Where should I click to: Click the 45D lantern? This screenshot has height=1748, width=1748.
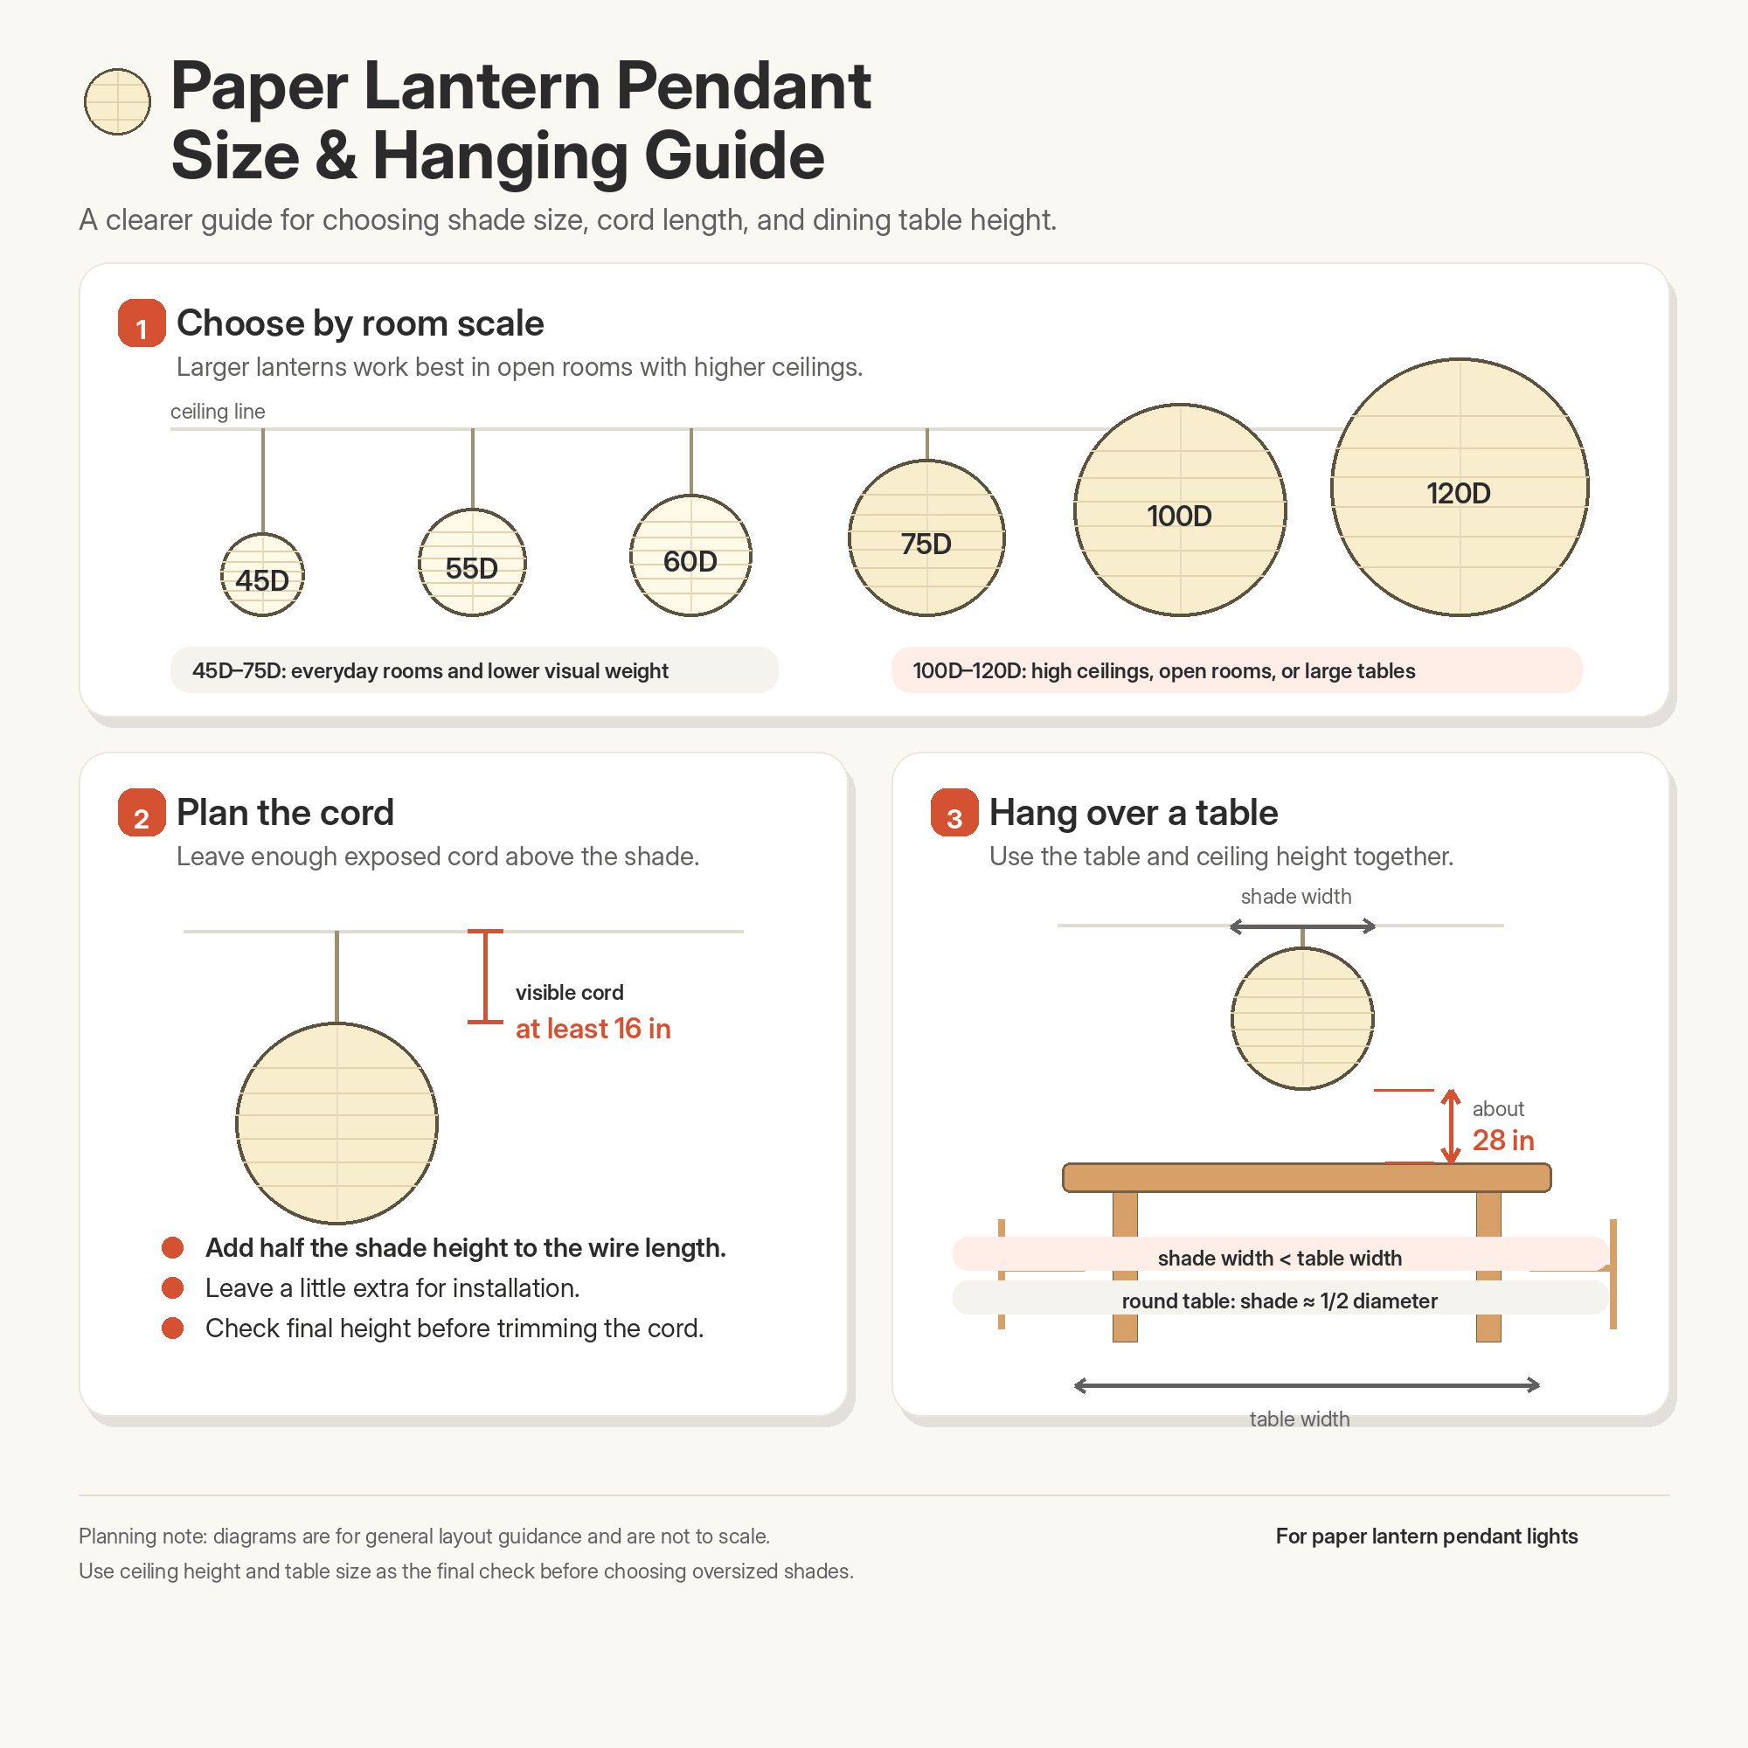click(262, 574)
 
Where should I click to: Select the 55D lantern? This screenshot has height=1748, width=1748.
click(472, 562)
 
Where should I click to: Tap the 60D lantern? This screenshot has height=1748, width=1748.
click(690, 556)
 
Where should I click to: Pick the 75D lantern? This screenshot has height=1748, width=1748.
click(926, 538)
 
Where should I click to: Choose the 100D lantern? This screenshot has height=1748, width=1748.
click(1180, 510)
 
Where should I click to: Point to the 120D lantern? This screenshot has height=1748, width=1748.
click(1460, 488)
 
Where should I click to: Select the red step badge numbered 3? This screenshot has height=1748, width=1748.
click(954, 813)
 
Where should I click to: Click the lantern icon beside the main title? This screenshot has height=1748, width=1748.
click(118, 101)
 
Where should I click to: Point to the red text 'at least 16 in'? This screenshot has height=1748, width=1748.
click(593, 1029)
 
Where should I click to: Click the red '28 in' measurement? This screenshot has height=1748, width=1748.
click(1502, 1140)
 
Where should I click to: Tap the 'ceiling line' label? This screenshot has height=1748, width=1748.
click(218, 412)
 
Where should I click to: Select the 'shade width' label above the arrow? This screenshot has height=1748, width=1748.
click(1295, 897)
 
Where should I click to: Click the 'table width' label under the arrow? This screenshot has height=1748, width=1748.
click(1300, 1419)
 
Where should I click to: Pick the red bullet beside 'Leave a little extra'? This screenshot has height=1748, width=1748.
click(173, 1287)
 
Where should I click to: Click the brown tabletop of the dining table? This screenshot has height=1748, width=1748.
click(1307, 1178)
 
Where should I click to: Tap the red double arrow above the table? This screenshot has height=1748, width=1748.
click(1450, 1127)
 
